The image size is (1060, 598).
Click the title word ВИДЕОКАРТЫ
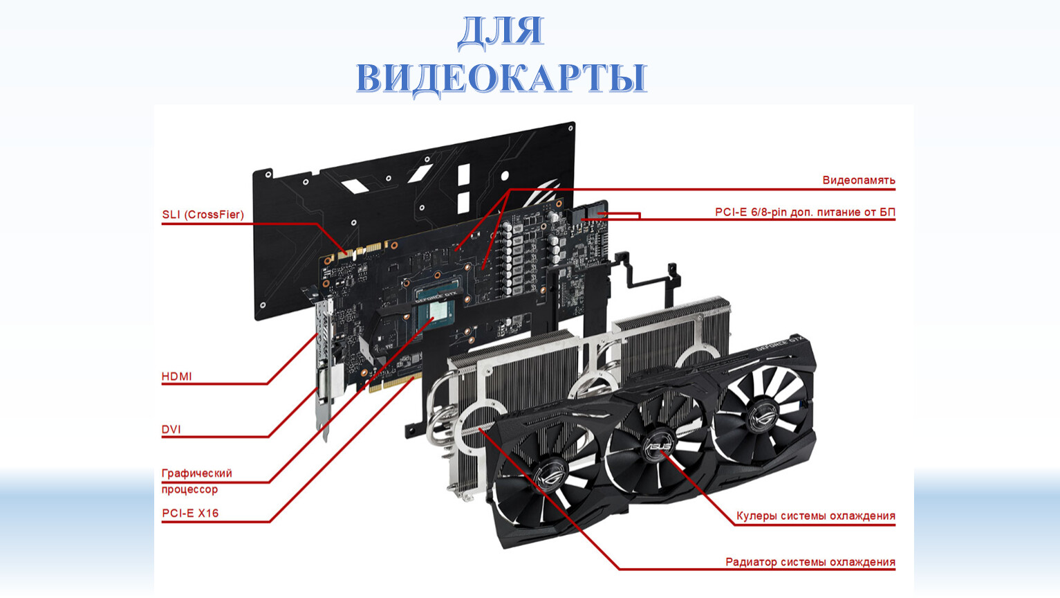pos(501,79)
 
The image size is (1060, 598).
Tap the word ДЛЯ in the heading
pos(501,31)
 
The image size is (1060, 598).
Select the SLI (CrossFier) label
pos(203,215)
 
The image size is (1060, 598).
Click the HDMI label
pos(177,377)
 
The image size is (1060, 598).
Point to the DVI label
pos(171,429)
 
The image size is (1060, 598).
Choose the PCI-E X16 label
pos(190,513)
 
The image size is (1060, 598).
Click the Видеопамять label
pos(859,181)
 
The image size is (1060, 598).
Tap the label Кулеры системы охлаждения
pos(816,516)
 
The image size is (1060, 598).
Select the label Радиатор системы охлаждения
pos(810,563)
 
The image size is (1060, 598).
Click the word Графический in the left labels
pos(197,473)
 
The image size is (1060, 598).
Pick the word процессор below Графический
pos(189,489)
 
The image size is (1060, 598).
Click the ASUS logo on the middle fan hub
pos(658,447)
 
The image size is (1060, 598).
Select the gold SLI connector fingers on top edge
pos(360,251)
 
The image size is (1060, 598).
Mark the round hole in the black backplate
pos(505,176)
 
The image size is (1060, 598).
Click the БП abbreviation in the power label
pos(888,212)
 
